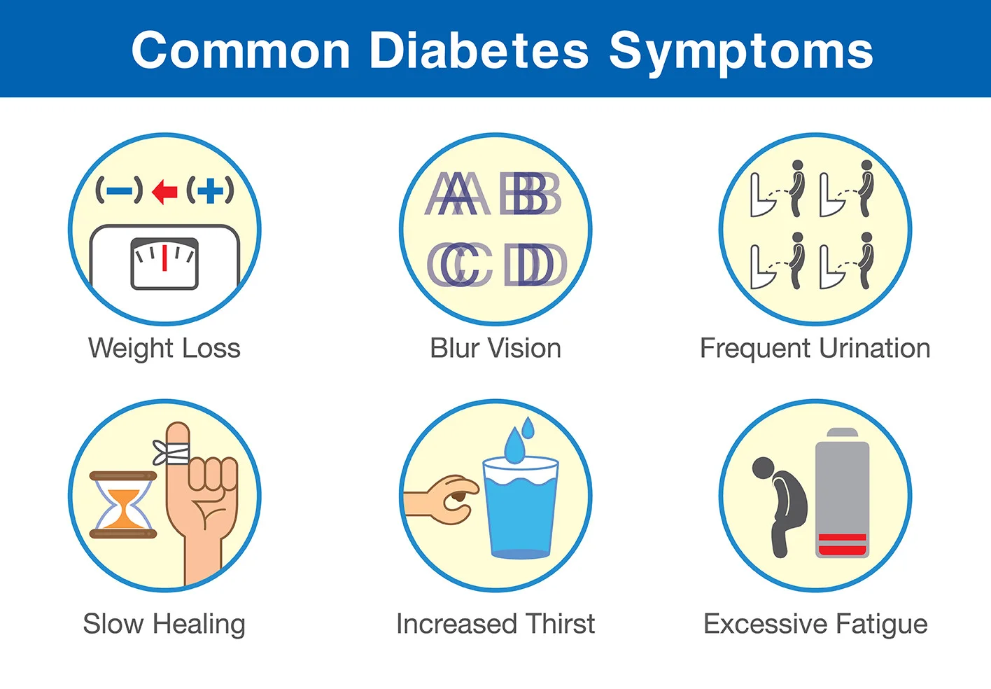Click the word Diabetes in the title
pyautogui.click(x=479, y=50)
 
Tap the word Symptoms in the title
pyautogui.click(x=740, y=52)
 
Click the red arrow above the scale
pyautogui.click(x=164, y=190)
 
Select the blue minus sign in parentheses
pyautogui.click(x=119, y=190)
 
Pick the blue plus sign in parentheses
pyautogui.click(x=210, y=190)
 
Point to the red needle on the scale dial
pyautogui.click(x=164, y=258)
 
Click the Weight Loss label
pyautogui.click(x=164, y=348)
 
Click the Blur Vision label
pyautogui.click(x=495, y=348)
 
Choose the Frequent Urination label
pyautogui.click(x=815, y=348)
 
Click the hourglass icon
pyautogui.click(x=123, y=505)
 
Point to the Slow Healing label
pyautogui.click(x=164, y=624)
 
